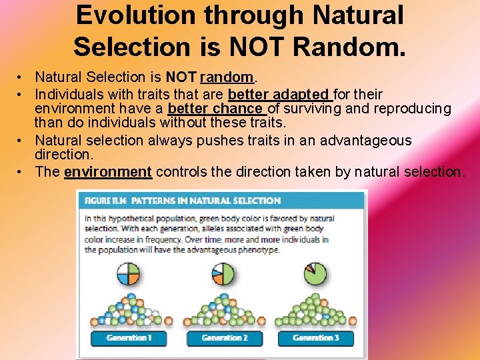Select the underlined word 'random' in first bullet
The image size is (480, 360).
[x=228, y=78]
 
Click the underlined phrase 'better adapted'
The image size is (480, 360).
[x=279, y=94]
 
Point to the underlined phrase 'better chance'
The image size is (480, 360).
[x=215, y=109]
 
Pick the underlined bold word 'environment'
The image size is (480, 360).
[x=108, y=172]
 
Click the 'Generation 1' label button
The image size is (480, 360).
[x=129, y=338]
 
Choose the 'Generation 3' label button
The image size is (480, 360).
[x=315, y=338]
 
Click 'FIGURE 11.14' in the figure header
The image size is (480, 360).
[x=103, y=200]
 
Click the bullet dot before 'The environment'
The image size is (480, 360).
[x=22, y=172]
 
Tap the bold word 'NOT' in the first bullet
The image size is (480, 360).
[x=181, y=78]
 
